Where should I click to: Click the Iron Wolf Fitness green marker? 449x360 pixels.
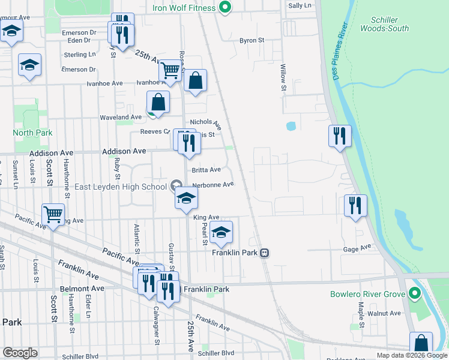[x=225, y=7]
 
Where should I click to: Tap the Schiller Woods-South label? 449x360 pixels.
[x=385, y=24]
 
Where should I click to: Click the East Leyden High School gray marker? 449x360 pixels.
[x=176, y=185]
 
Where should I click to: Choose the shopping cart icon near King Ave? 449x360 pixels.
[x=53, y=214]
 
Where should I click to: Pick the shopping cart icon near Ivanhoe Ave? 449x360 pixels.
[x=170, y=71]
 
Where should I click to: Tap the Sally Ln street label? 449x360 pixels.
[x=300, y=5]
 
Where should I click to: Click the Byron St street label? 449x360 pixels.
[x=252, y=41]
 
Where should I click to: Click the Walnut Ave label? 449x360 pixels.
[x=384, y=313]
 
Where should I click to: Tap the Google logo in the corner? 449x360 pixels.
[x=20, y=352]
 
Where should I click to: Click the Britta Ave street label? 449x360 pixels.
[x=206, y=170]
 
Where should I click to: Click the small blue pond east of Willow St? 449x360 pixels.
[x=291, y=127]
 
